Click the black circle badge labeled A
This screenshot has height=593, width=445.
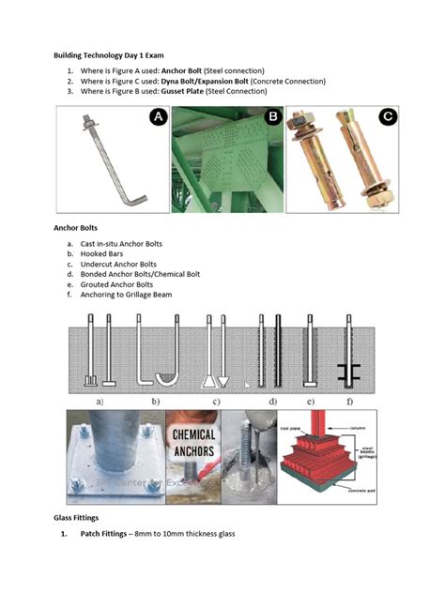point(156,117)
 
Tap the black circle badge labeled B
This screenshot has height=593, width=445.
point(272,117)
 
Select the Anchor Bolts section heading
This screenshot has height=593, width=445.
point(78,228)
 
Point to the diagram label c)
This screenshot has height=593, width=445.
point(217,401)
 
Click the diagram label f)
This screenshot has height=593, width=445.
point(349,401)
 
